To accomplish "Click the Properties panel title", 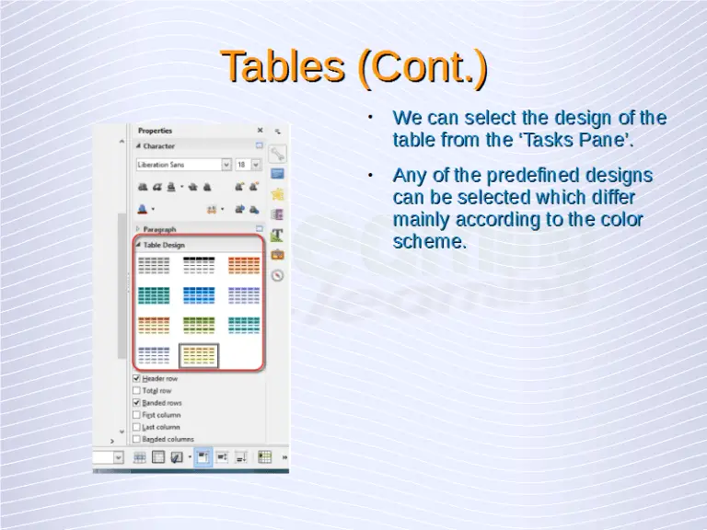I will pyautogui.click(x=155, y=131).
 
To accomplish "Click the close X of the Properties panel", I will pyautogui.click(x=260, y=131).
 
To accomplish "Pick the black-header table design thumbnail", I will pyautogui.click(x=199, y=266).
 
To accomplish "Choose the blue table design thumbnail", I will pyautogui.click(x=199, y=295).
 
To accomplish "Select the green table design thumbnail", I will pyautogui.click(x=199, y=325).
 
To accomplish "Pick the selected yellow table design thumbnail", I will pyautogui.click(x=199, y=355).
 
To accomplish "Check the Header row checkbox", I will pyautogui.click(x=137, y=378).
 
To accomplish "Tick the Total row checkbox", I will pyautogui.click(x=137, y=390).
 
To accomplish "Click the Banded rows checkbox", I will pyautogui.click(x=137, y=403).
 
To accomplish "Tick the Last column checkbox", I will pyautogui.click(x=137, y=427).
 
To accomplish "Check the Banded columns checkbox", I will pyautogui.click(x=137, y=439).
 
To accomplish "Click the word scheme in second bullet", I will pyautogui.click(x=429, y=242).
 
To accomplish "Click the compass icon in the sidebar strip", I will pyautogui.click(x=277, y=275).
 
